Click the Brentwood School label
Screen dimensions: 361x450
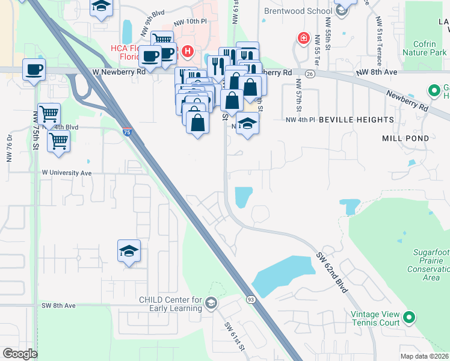pyautogui.click(x=298, y=11)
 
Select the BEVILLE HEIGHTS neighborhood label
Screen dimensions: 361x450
pyautogui.click(x=356, y=120)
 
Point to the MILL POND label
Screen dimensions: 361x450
pyautogui.click(x=405, y=138)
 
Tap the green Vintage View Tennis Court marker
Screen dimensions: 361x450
pyautogui.click(x=409, y=316)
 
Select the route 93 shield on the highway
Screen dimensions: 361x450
pyautogui.click(x=251, y=299)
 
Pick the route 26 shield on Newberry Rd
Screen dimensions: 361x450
pyautogui.click(x=309, y=73)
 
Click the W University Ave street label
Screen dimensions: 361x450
pyautogui.click(x=66, y=173)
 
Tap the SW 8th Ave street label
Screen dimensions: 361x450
pyautogui.click(x=58, y=306)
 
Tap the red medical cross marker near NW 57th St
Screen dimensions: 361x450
pyautogui.click(x=304, y=39)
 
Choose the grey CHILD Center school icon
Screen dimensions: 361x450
pyautogui.click(x=211, y=302)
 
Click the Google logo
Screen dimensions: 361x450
pyautogui.click(x=20, y=354)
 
